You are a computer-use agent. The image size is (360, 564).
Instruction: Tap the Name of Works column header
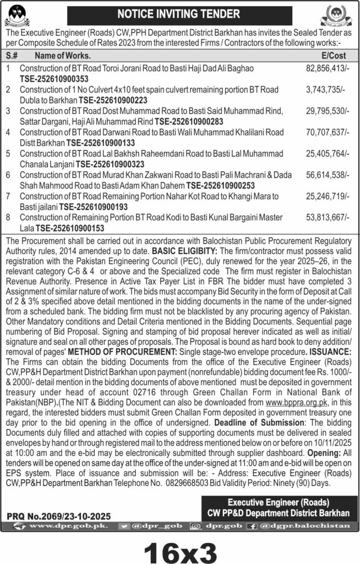point(62,56)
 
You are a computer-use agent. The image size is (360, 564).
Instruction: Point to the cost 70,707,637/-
point(326,132)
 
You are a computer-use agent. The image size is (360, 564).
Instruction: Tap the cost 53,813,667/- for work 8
point(326,218)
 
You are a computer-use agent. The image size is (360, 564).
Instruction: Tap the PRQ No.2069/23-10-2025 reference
point(59,517)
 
